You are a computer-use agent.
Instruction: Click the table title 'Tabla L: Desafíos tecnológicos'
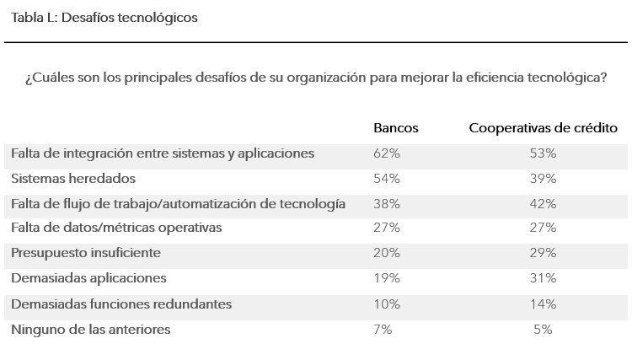pos(104,18)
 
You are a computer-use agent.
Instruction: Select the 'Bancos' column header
pos(395,128)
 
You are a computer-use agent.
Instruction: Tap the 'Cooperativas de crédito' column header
pos(543,128)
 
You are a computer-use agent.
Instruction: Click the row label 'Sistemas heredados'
pos(73,179)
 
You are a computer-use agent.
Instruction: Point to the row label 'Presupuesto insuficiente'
pos(86,253)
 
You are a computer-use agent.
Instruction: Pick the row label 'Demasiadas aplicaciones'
pos(88,278)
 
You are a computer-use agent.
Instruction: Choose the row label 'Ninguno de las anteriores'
pos(91,330)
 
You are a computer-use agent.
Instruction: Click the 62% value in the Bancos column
pos(387,153)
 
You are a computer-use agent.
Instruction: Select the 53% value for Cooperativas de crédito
pos(543,153)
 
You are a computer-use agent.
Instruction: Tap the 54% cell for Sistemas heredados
pos(387,179)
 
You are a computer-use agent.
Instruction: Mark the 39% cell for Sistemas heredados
pos(543,179)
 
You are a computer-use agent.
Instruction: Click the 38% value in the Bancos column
pos(387,204)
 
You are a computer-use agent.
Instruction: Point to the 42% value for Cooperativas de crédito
pos(543,204)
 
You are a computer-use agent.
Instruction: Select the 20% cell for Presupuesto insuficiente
pos(387,253)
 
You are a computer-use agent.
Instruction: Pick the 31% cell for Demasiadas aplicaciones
pos(543,278)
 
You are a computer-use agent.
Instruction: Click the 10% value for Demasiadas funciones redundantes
pos(387,304)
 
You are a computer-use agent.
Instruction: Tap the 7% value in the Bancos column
pos(383,330)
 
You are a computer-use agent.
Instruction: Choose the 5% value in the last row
pos(543,330)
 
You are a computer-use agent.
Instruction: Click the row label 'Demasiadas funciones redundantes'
pos(121,304)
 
